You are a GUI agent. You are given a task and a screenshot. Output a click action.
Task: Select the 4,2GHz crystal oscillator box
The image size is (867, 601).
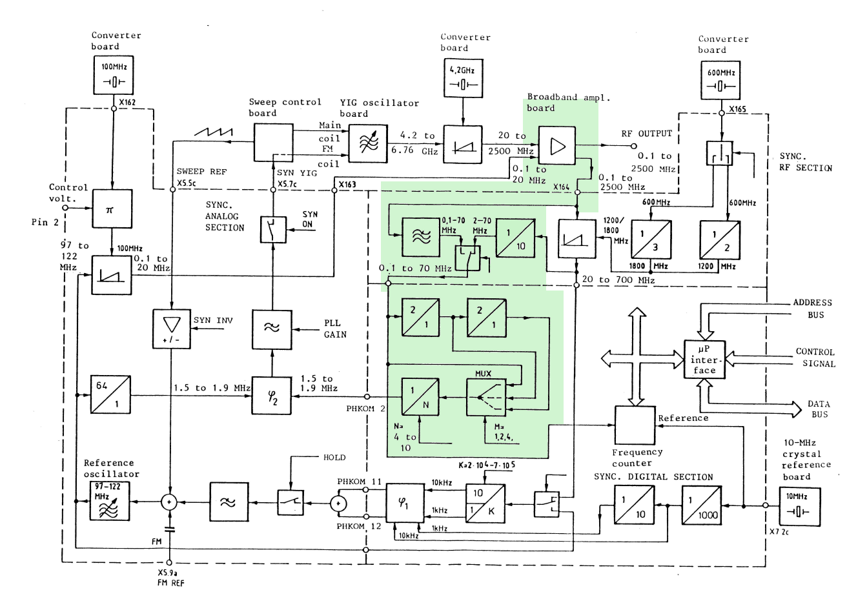(462, 78)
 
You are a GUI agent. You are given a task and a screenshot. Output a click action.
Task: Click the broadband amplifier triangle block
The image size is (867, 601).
(556, 147)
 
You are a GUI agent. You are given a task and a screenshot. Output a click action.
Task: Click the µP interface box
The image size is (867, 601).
(704, 360)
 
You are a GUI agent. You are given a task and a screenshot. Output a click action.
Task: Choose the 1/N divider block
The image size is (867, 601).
(420, 396)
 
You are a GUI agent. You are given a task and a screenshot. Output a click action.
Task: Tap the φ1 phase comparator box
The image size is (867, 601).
(405, 503)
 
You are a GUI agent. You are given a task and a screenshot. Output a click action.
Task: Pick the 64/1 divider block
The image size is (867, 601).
(110, 394)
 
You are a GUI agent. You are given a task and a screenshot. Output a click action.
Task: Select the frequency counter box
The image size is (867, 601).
(635, 425)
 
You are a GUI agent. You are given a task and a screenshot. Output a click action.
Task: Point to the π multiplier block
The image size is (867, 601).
(112, 209)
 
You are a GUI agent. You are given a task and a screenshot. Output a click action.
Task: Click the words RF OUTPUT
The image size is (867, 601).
(646, 134)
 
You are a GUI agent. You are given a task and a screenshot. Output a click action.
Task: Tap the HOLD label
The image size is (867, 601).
(334, 458)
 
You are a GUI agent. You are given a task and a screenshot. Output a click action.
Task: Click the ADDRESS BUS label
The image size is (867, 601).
(812, 309)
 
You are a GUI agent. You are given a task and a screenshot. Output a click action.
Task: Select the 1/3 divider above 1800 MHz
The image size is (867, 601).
(651, 240)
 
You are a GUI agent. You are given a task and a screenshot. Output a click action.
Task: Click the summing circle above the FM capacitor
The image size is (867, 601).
(169, 502)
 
